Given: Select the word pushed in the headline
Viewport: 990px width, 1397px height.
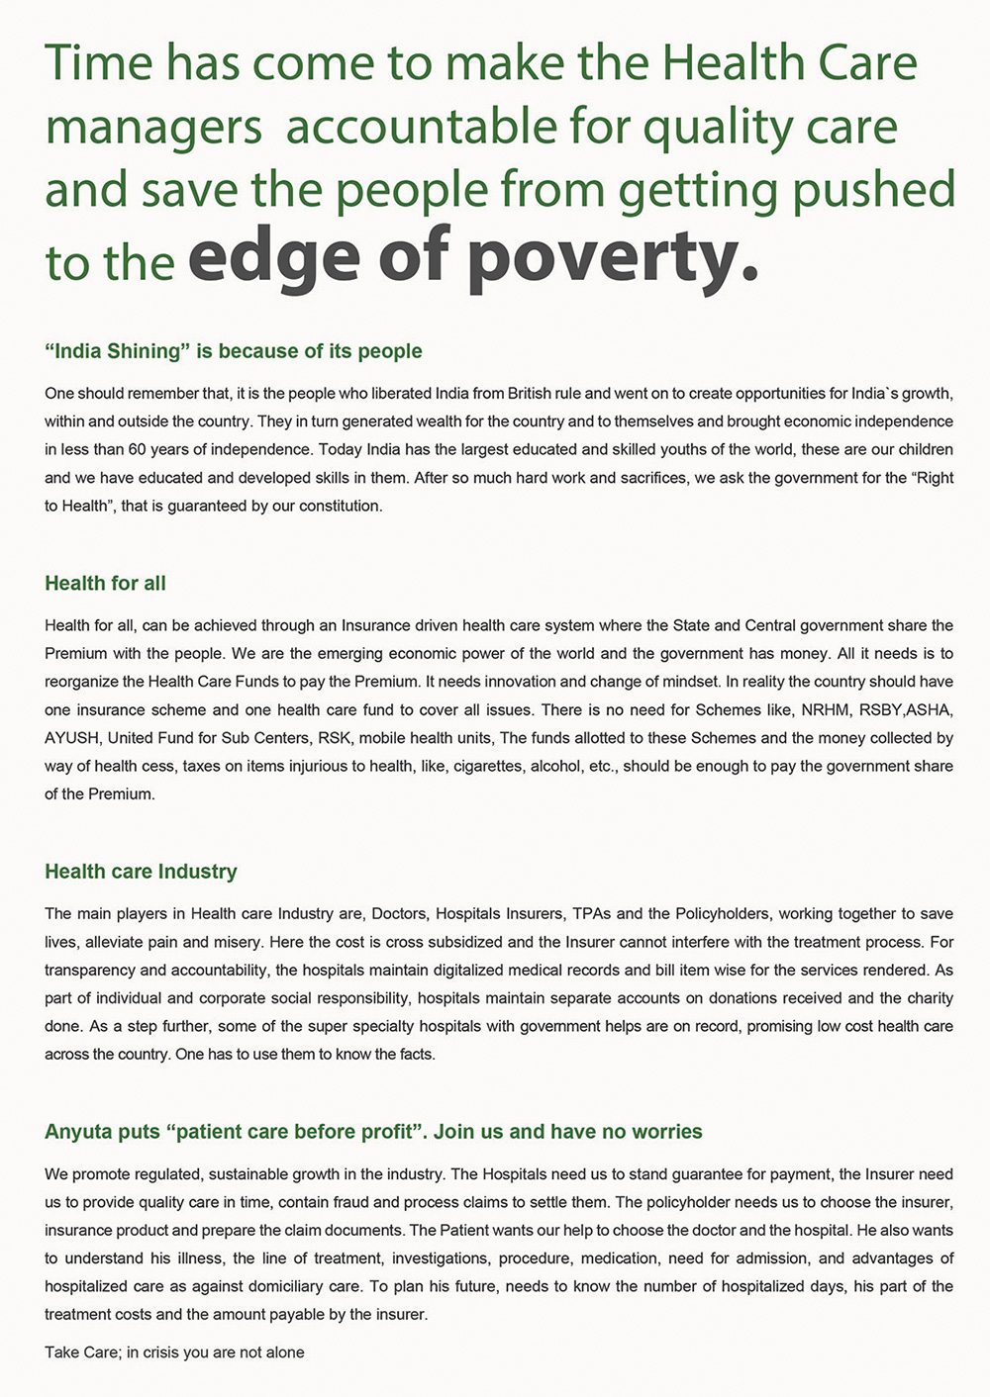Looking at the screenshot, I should point(872,190).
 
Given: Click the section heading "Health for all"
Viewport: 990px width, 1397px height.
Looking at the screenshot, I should point(105,583).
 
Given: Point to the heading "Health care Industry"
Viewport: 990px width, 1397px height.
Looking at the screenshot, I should point(141,871).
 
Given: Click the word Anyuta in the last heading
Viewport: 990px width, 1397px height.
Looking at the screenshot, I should point(77,1131).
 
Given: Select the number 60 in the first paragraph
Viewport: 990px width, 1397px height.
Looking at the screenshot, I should point(137,449).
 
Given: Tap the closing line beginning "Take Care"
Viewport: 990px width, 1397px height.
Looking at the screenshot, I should point(174,1351).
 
